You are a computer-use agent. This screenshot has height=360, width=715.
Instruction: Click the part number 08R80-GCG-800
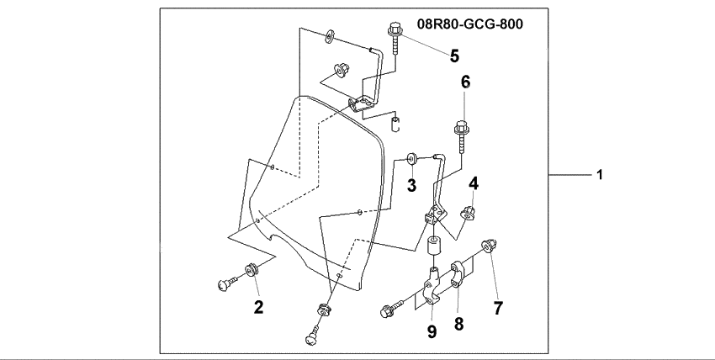click(470, 24)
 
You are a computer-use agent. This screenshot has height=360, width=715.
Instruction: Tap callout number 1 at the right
click(600, 175)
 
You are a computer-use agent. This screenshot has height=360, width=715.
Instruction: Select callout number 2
click(259, 307)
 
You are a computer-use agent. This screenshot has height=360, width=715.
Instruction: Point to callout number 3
click(412, 185)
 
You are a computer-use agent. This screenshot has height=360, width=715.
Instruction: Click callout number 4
click(474, 183)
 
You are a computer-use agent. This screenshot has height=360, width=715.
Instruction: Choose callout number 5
click(453, 56)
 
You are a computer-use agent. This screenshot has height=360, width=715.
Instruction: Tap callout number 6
click(465, 82)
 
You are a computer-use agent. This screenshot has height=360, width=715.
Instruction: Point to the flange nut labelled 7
click(487, 246)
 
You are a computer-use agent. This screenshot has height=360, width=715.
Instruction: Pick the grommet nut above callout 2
click(252, 271)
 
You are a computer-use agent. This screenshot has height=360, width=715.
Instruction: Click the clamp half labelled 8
click(460, 274)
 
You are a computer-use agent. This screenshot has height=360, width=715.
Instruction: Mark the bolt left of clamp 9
click(392, 310)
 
